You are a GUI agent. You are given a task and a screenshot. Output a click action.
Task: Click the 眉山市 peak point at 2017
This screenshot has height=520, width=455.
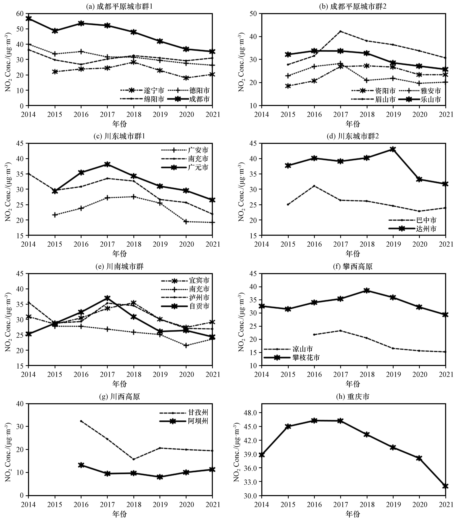point(340,31)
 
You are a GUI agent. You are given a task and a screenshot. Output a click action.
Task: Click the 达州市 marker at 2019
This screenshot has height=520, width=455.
point(393,149)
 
